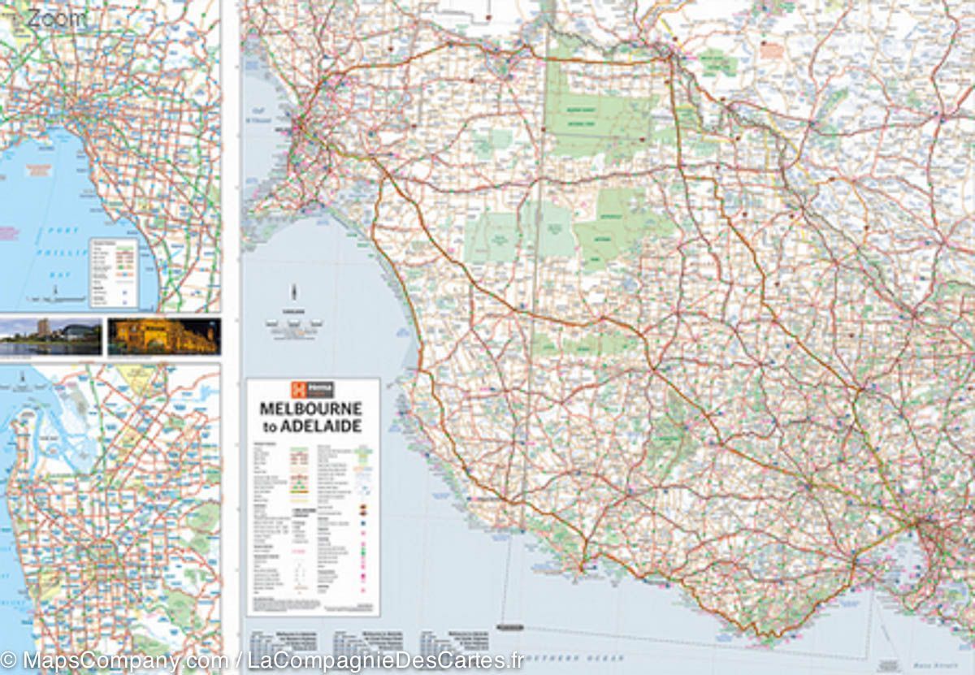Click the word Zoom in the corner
point(55,19)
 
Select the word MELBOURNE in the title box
point(311,410)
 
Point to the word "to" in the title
point(268,427)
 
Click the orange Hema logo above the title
point(312,390)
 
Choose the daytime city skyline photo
point(50,336)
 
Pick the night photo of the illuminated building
point(163,336)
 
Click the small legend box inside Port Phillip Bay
point(113,272)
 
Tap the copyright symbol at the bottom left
point(9,660)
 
